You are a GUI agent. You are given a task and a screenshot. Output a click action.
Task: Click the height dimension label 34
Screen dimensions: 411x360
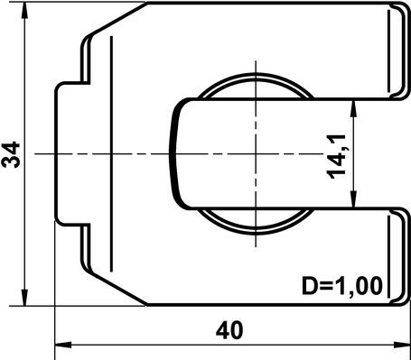[11, 154]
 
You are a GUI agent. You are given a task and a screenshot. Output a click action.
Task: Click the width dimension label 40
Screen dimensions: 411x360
[229, 330]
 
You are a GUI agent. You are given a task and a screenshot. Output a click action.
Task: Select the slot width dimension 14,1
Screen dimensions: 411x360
[336, 157]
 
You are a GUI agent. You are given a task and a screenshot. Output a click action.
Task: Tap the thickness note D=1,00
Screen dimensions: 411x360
[342, 285]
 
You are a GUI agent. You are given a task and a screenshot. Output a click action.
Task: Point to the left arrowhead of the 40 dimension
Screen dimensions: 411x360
[63, 345]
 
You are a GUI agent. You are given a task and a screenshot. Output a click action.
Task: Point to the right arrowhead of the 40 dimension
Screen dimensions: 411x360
[402, 345]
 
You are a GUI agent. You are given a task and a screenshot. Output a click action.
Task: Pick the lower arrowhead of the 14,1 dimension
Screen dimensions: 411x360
[354, 199]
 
